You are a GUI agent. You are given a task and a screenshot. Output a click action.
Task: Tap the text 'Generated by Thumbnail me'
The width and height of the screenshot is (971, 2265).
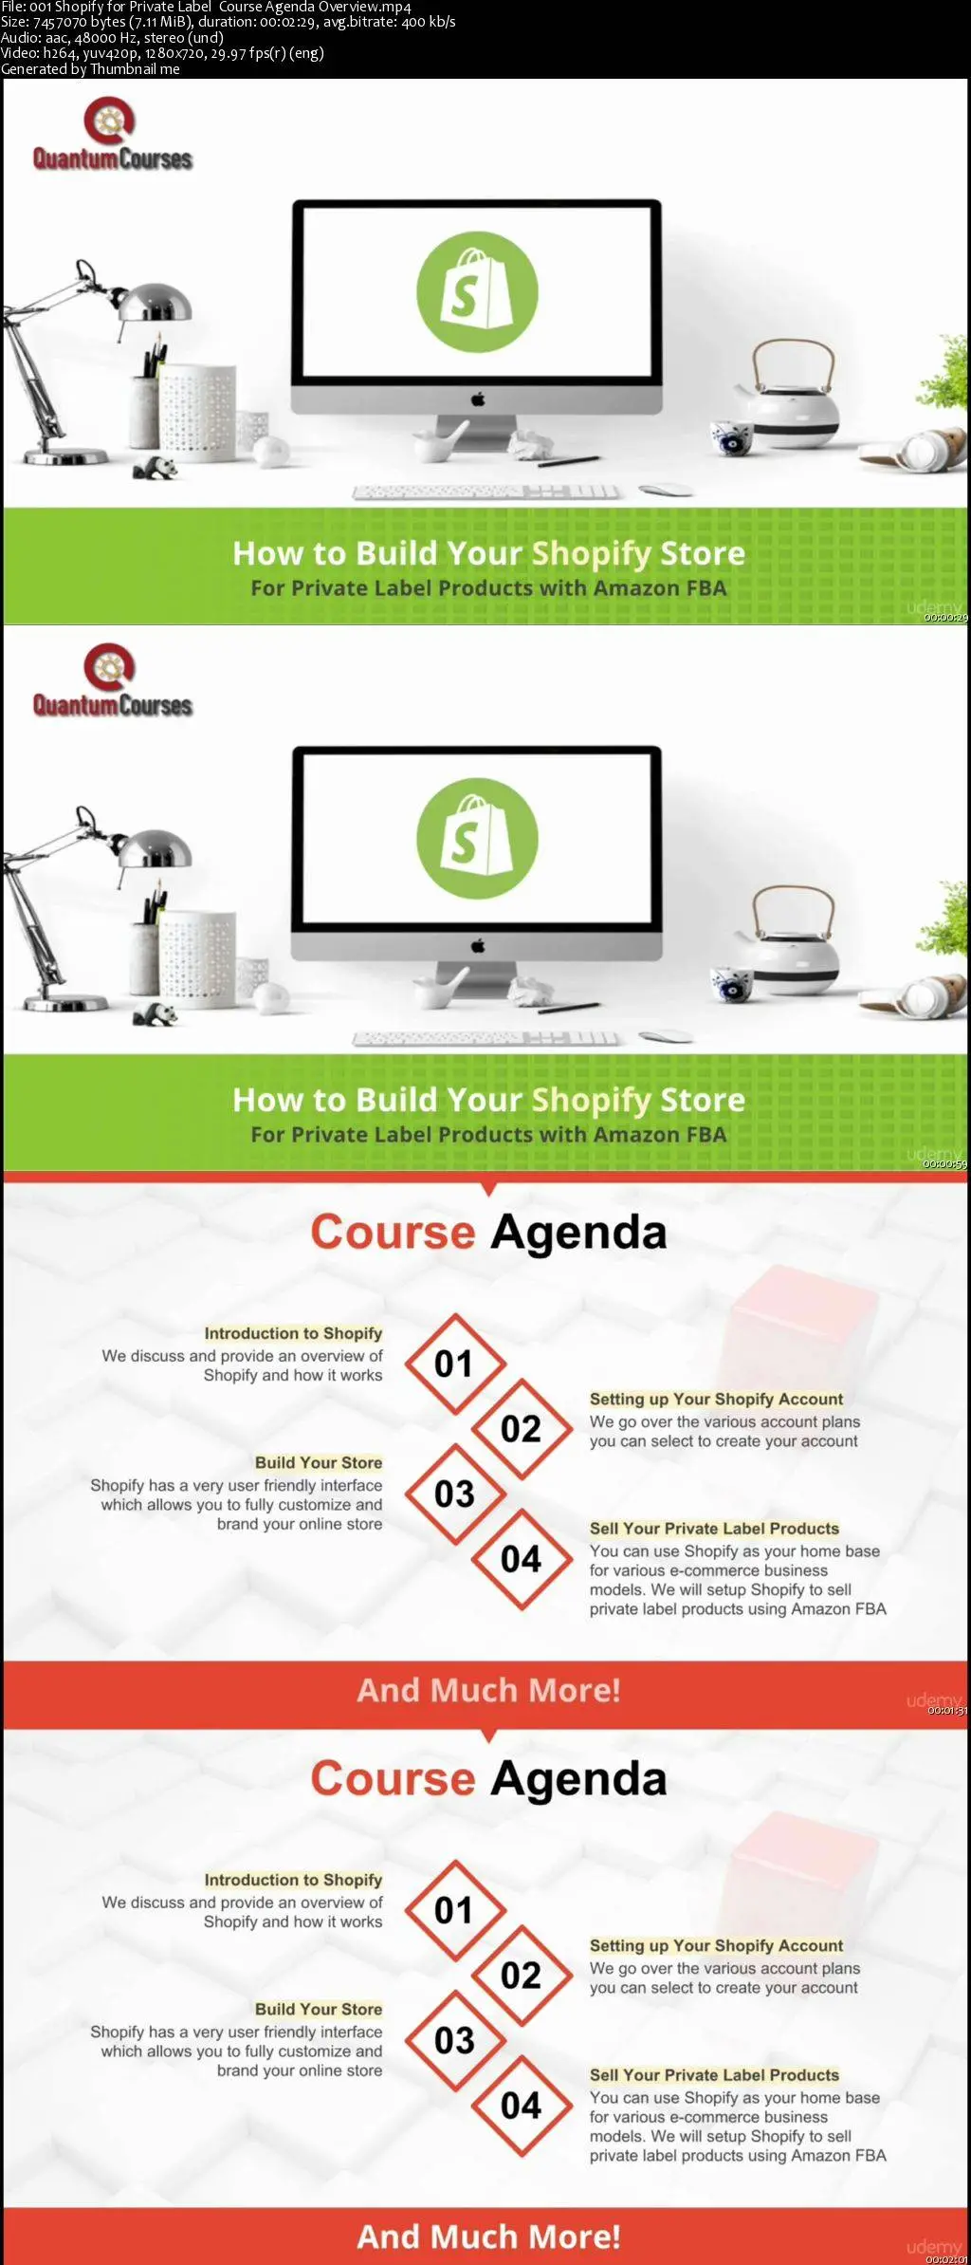pyautogui.click(x=90, y=68)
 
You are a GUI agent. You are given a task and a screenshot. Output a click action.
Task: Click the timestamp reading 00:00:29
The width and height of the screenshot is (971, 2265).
pyautogui.click(x=945, y=618)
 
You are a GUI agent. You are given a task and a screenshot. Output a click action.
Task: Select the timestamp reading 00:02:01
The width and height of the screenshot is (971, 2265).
pyautogui.click(x=945, y=2258)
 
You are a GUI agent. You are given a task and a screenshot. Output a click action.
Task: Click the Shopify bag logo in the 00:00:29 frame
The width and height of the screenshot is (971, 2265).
pyautogui.click(x=477, y=291)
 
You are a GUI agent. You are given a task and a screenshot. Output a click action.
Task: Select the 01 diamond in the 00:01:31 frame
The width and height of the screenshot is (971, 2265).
pyautogui.click(x=454, y=1364)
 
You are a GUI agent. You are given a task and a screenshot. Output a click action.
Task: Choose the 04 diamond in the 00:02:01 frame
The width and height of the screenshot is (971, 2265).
pyautogui.click(x=522, y=2106)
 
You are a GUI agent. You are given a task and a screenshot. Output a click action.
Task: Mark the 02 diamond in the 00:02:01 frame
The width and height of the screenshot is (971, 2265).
pyautogui.click(x=522, y=1976)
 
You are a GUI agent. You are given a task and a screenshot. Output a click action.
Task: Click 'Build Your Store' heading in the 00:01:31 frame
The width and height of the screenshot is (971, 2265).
pyautogui.click(x=319, y=1462)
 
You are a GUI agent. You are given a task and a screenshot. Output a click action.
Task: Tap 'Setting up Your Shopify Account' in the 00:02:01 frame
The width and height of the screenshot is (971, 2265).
pyautogui.click(x=716, y=1945)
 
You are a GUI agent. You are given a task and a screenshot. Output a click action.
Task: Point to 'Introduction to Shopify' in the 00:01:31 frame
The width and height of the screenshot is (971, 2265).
pyautogui.click(x=293, y=1333)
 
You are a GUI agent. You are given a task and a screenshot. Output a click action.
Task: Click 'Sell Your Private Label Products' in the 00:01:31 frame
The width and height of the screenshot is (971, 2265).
pyautogui.click(x=714, y=1528)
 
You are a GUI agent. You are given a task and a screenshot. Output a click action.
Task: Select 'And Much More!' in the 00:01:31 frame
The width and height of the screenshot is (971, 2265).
pyautogui.click(x=488, y=1690)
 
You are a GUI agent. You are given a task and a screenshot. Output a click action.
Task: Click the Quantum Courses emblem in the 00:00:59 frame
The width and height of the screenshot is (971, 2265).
pyautogui.click(x=109, y=668)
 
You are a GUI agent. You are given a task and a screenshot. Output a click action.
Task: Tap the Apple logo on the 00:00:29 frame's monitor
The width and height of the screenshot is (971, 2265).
pyautogui.click(x=478, y=399)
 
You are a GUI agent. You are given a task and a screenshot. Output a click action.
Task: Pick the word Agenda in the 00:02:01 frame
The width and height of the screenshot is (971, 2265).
pyautogui.click(x=578, y=1779)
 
